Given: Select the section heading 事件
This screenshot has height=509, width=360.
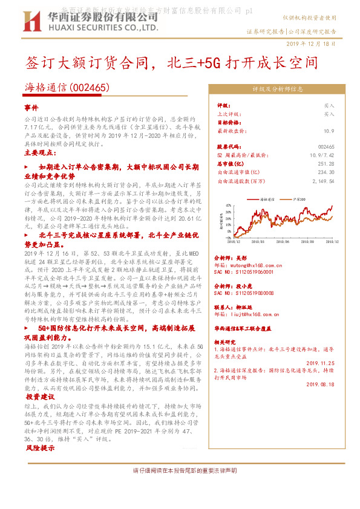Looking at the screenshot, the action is coord(31,107).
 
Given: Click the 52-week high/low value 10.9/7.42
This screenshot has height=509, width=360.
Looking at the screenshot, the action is coord(321,155).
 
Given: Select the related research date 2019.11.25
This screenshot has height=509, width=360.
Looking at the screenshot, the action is coord(321,363).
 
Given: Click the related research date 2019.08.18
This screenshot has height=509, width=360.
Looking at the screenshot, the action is coord(321,383).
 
